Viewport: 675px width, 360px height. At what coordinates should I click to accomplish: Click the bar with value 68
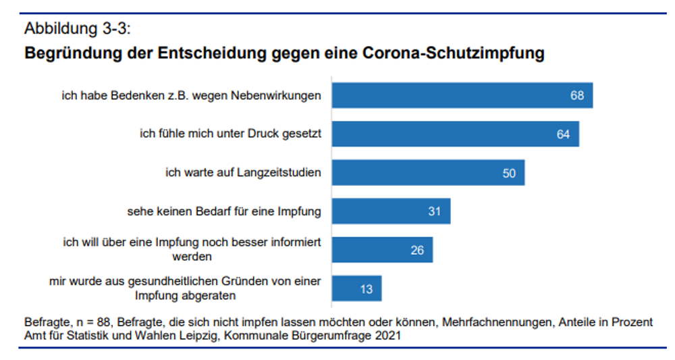coord(462,95)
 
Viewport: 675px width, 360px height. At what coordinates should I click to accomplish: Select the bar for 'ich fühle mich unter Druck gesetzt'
coord(455,134)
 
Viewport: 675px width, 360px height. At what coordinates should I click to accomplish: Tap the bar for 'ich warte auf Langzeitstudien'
coord(428,173)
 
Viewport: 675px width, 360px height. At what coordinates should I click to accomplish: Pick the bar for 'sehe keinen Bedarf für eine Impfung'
coord(391,211)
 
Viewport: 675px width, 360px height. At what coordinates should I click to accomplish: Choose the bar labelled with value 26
coord(382,250)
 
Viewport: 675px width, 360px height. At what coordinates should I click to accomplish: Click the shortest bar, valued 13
coord(356,288)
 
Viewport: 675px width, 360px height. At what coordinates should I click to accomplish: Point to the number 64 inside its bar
coord(563,134)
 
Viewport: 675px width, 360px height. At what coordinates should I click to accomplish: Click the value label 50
coord(509,174)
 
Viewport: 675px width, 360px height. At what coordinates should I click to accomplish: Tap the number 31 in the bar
coord(434,212)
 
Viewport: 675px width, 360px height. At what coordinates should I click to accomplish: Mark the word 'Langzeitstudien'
coord(283,173)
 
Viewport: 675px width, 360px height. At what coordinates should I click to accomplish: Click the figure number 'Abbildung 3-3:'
coord(76,30)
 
